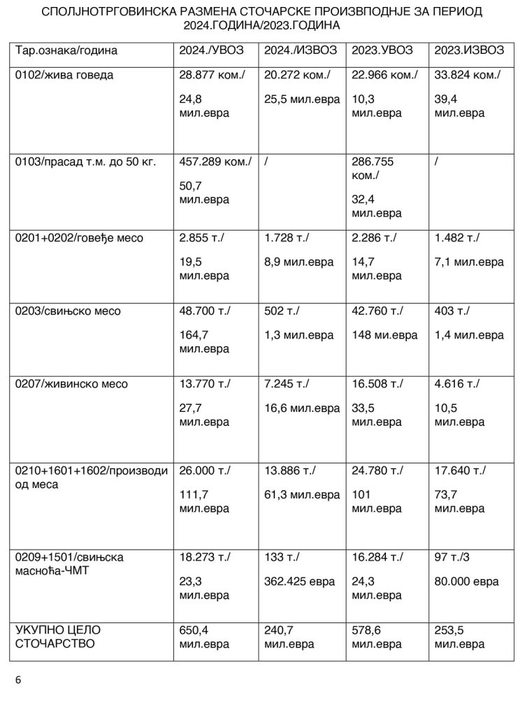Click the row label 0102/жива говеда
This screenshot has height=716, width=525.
click(x=64, y=76)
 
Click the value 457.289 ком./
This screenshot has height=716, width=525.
click(x=215, y=162)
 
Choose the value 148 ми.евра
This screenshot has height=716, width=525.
click(x=384, y=335)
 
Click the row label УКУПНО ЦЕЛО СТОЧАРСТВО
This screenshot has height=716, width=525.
click(x=56, y=637)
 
